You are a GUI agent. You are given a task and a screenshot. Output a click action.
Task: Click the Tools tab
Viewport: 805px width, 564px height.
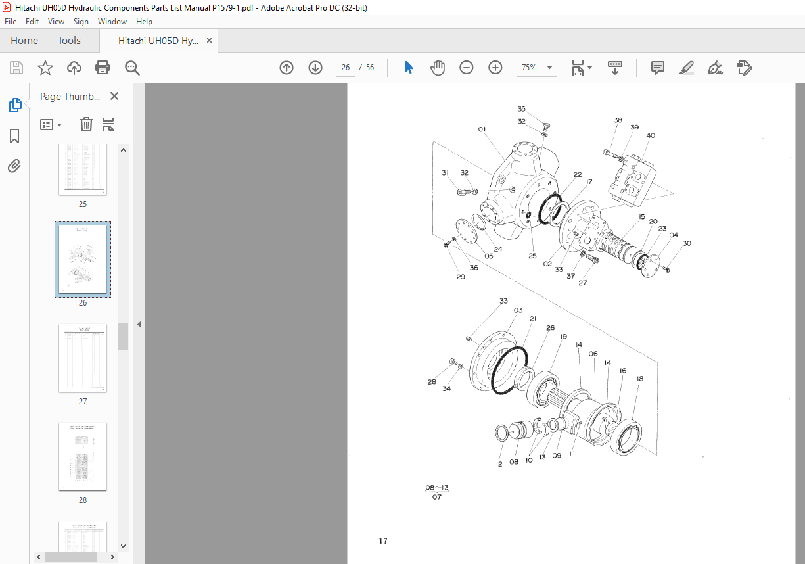(x=69, y=41)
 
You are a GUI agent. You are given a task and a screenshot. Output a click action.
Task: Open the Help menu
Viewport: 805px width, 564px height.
(x=144, y=22)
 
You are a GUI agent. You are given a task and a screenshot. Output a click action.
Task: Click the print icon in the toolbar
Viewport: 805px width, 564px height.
(x=103, y=68)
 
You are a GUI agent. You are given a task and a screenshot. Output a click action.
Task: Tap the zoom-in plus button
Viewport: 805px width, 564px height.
(x=495, y=68)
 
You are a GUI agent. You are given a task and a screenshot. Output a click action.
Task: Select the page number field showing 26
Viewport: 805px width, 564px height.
(x=346, y=68)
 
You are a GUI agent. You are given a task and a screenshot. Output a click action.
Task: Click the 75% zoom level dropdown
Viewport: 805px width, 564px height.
(x=536, y=68)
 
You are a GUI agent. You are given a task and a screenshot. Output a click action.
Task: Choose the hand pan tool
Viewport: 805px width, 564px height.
(x=438, y=68)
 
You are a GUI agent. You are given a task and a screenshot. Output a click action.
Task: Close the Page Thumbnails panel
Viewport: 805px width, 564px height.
(x=114, y=96)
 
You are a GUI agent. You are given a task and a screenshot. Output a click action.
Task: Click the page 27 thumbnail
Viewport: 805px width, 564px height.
(x=83, y=358)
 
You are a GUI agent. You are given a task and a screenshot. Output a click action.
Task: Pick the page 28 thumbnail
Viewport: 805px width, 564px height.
(x=83, y=457)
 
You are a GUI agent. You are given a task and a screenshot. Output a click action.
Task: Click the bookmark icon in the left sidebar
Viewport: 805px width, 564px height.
(x=14, y=136)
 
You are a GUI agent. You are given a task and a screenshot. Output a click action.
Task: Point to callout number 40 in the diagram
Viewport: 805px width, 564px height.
(x=651, y=136)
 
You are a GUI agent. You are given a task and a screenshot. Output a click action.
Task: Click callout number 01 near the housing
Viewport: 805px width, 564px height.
(x=482, y=129)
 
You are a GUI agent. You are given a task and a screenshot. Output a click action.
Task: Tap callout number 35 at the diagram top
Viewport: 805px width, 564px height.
(x=521, y=109)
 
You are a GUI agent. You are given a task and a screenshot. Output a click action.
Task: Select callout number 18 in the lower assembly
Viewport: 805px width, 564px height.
(x=639, y=379)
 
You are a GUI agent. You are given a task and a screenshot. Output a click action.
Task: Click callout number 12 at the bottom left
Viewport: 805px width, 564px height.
(x=499, y=464)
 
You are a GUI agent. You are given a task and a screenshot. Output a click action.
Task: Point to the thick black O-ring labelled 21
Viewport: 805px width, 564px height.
(x=509, y=371)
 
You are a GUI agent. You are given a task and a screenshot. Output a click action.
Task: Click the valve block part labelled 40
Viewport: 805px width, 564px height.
(x=633, y=179)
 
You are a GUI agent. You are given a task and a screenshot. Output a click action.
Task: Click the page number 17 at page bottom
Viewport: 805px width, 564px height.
(x=383, y=541)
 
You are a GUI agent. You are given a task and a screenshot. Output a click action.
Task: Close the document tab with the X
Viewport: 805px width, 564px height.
(x=210, y=41)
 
